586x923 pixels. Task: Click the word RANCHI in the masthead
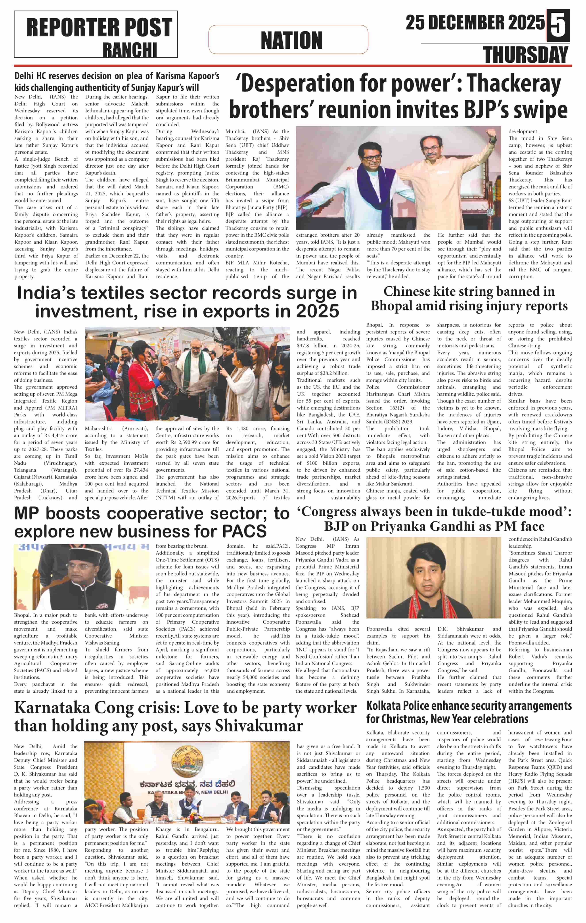(x=130, y=50)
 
